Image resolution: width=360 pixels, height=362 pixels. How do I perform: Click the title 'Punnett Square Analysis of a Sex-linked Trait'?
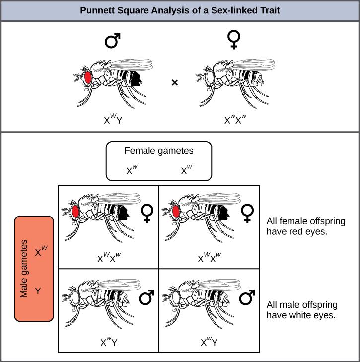click(180, 10)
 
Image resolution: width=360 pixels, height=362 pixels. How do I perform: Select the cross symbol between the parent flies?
click(175, 83)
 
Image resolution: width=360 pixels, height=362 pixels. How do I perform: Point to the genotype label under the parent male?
click(113, 119)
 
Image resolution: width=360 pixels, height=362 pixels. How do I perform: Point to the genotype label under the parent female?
click(234, 119)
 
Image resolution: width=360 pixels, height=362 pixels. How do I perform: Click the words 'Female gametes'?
click(159, 151)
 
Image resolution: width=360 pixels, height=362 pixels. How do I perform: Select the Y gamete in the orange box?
click(38, 291)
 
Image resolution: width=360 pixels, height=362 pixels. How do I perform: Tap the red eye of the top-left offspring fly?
click(75, 212)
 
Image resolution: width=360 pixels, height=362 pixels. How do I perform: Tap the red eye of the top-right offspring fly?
click(175, 212)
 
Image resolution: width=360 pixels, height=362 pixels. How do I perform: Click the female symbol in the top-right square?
click(246, 213)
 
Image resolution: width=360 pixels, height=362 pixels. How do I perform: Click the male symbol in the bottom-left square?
click(146, 297)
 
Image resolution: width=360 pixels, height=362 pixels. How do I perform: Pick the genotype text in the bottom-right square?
click(209, 342)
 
